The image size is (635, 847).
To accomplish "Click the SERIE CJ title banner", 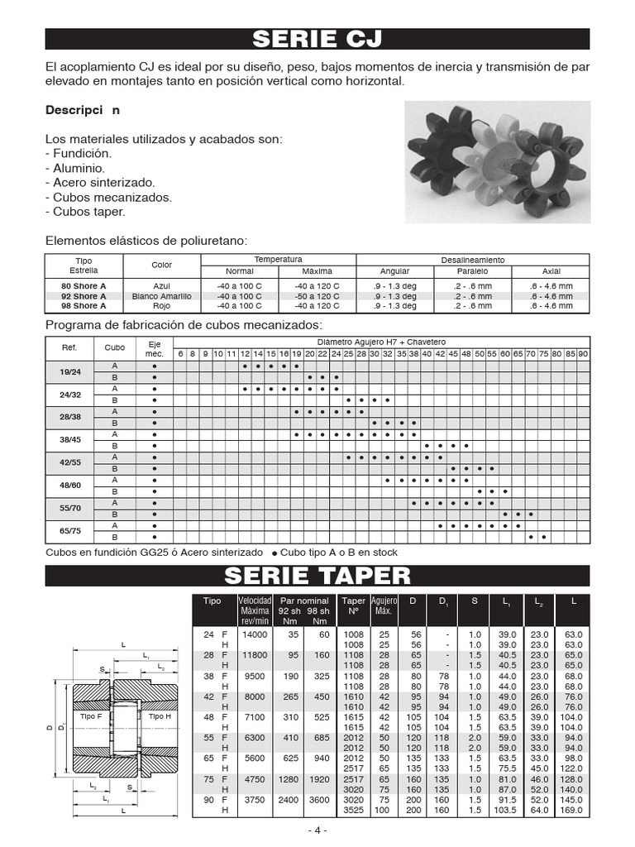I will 317,39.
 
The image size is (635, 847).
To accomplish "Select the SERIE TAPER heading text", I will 317,576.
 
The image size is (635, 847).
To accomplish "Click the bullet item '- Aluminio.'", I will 74,168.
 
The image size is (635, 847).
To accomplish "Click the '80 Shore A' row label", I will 84,285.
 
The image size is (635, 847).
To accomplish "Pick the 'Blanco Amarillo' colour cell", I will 162,295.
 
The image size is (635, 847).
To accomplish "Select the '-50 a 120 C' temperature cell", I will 317,295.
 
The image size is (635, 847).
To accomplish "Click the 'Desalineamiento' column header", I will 473,260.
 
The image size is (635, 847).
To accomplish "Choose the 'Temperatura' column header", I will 278,259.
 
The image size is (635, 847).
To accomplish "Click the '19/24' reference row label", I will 69,371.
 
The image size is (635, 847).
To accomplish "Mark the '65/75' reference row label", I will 69,531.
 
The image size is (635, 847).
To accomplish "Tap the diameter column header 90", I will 583,354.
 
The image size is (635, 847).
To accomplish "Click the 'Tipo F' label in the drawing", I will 90,716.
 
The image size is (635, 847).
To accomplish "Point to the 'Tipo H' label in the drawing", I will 160,716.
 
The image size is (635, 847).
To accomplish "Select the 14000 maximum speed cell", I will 255,634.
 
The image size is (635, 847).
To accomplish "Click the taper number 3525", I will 353,811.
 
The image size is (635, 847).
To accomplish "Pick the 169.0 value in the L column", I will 572,811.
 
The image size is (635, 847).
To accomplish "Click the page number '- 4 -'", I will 317,830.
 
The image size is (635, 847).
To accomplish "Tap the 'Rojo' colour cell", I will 162,305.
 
